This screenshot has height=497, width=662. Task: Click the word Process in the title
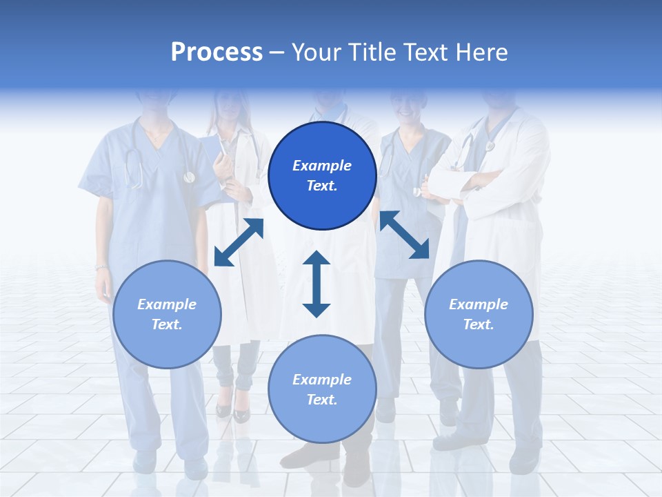[217, 52]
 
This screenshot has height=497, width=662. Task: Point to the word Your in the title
[317, 52]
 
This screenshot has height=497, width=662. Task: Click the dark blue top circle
[322, 176]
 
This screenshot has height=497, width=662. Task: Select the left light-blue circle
[167, 314]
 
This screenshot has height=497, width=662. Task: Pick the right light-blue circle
[479, 314]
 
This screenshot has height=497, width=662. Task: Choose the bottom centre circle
[322, 389]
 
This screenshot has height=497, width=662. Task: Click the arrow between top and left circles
[239, 242]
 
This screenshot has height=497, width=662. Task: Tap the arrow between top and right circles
[404, 235]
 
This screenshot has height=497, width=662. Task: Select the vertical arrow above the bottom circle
[317, 284]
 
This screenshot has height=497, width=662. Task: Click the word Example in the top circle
[322, 166]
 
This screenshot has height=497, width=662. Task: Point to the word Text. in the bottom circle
[322, 400]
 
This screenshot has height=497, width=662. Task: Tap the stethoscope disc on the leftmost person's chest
[189, 177]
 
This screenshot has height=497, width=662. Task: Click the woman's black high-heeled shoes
[232, 411]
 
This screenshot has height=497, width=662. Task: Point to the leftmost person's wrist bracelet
[101, 267]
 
